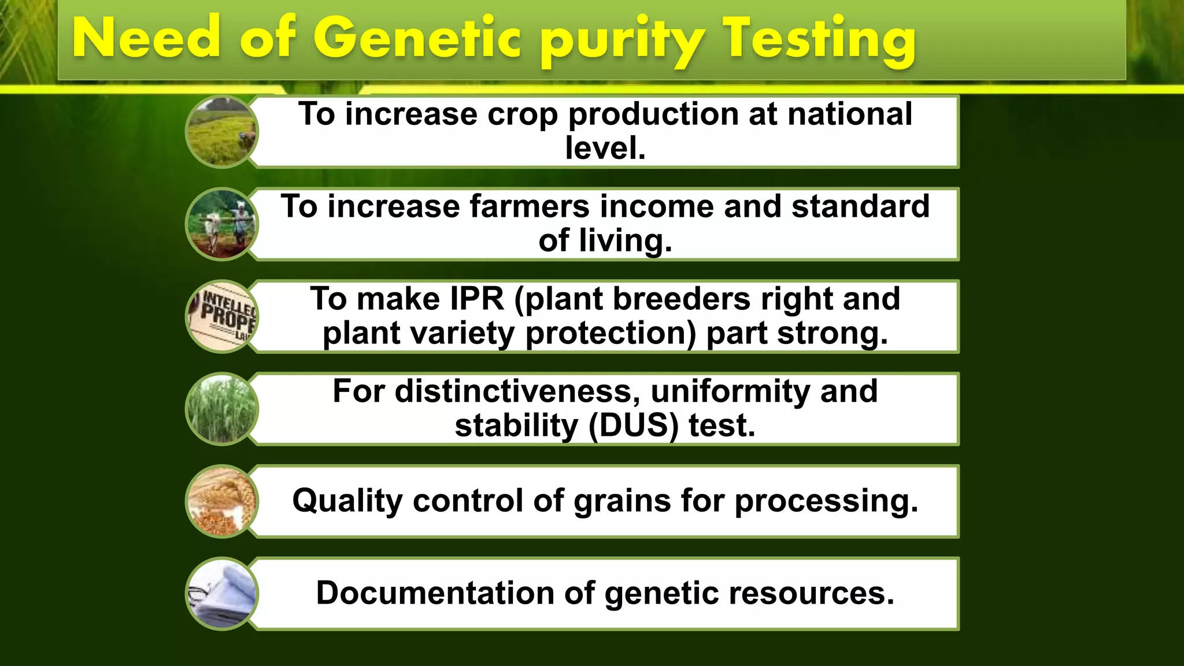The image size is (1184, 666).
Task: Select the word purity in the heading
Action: click(621, 42)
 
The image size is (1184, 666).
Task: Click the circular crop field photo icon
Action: click(221, 132)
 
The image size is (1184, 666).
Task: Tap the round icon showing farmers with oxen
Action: click(221, 224)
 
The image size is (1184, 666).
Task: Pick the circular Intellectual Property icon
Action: click(222, 317)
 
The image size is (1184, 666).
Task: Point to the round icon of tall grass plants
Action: click(221, 409)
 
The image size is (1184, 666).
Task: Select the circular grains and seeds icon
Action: click(221, 502)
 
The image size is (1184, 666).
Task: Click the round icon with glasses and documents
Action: click(221, 594)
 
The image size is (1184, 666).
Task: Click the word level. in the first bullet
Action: click(605, 149)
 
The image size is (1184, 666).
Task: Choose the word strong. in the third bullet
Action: click(832, 334)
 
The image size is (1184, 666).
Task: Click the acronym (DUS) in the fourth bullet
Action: click(634, 426)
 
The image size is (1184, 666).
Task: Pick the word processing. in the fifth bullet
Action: click(826, 501)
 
